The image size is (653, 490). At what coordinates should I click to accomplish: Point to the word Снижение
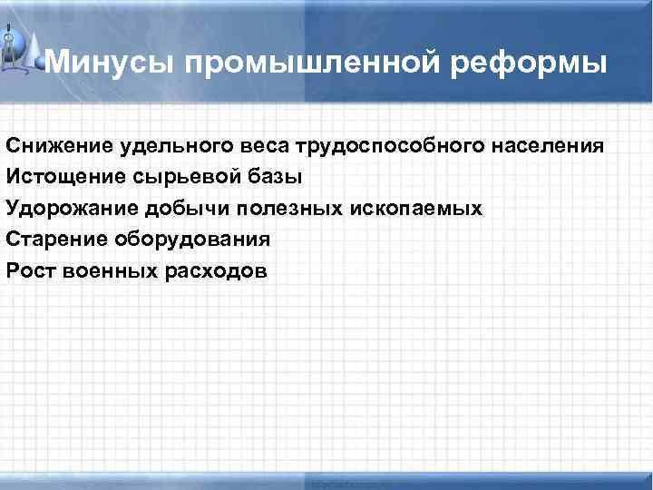(x=60, y=146)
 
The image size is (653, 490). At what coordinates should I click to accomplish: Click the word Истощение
(x=66, y=177)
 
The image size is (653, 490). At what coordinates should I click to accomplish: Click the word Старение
(x=58, y=240)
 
